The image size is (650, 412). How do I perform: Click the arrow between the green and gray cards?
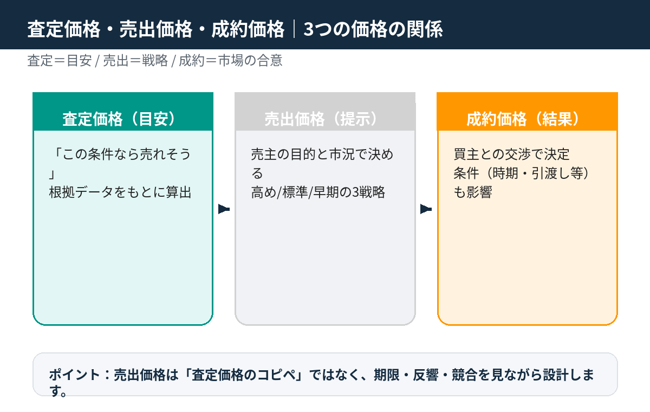(x=224, y=209)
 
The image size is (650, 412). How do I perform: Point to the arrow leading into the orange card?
(x=426, y=209)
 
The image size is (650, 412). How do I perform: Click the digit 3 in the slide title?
(x=308, y=29)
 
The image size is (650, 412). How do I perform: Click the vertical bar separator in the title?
(x=294, y=29)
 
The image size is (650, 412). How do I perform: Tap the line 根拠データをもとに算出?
(x=120, y=192)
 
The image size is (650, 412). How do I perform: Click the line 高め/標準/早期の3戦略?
(x=318, y=192)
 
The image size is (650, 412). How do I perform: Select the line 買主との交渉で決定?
(x=511, y=154)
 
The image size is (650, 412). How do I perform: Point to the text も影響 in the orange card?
(x=473, y=192)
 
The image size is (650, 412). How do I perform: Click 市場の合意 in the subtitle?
(x=250, y=61)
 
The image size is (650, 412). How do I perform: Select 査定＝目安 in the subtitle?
(x=60, y=61)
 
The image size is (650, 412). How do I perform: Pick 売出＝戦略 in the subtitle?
(x=135, y=61)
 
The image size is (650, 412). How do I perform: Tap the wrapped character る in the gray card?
(x=257, y=173)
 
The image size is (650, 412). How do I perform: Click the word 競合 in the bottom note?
(x=464, y=375)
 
